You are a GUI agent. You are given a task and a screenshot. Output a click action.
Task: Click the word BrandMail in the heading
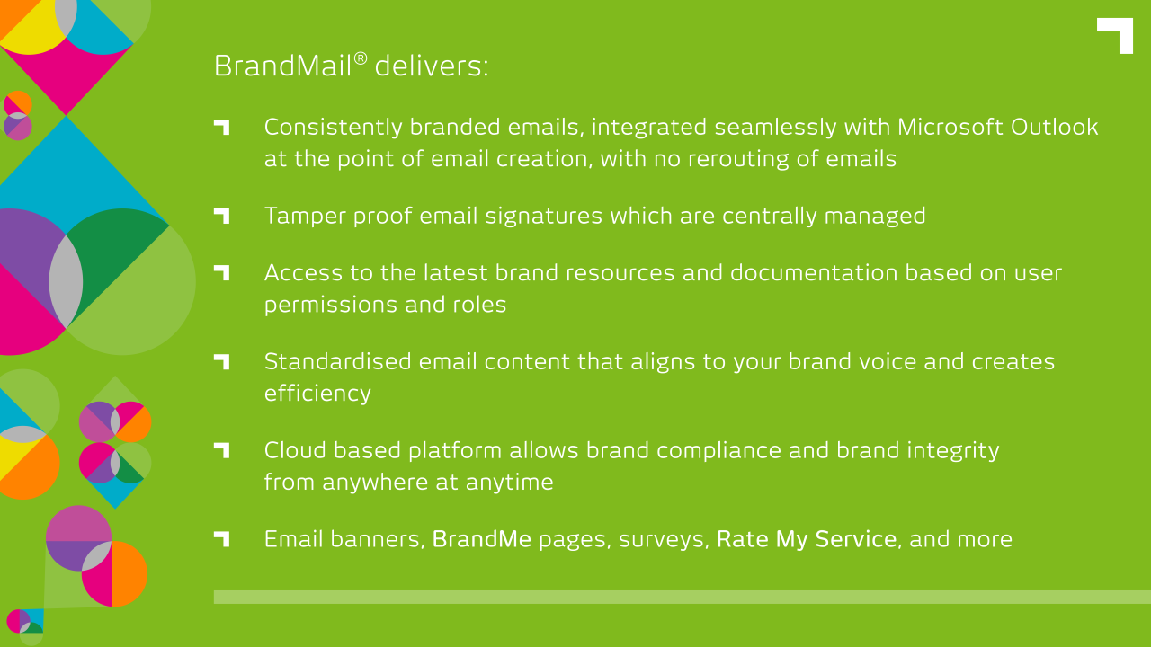coord(282,66)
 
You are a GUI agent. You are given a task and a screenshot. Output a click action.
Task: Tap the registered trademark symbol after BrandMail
coord(361,58)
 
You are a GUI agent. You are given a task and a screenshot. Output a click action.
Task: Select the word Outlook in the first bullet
coord(1055,128)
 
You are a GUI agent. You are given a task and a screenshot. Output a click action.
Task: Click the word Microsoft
coord(950,128)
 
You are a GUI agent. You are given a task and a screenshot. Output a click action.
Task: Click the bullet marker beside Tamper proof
coord(221,217)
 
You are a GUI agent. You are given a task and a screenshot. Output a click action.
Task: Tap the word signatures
coord(544,217)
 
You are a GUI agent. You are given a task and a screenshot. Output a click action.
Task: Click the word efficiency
coord(317,394)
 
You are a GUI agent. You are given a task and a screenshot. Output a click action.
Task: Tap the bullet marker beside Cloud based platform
coord(221,450)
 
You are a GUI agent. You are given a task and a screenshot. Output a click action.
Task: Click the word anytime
coord(509,483)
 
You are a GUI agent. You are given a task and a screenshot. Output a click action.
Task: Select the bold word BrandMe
coord(481,540)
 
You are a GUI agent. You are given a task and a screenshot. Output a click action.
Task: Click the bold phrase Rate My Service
coord(807,540)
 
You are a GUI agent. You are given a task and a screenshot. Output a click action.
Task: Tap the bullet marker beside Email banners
coord(221,539)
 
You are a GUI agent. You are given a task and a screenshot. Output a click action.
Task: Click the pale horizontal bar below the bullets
coord(683,598)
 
